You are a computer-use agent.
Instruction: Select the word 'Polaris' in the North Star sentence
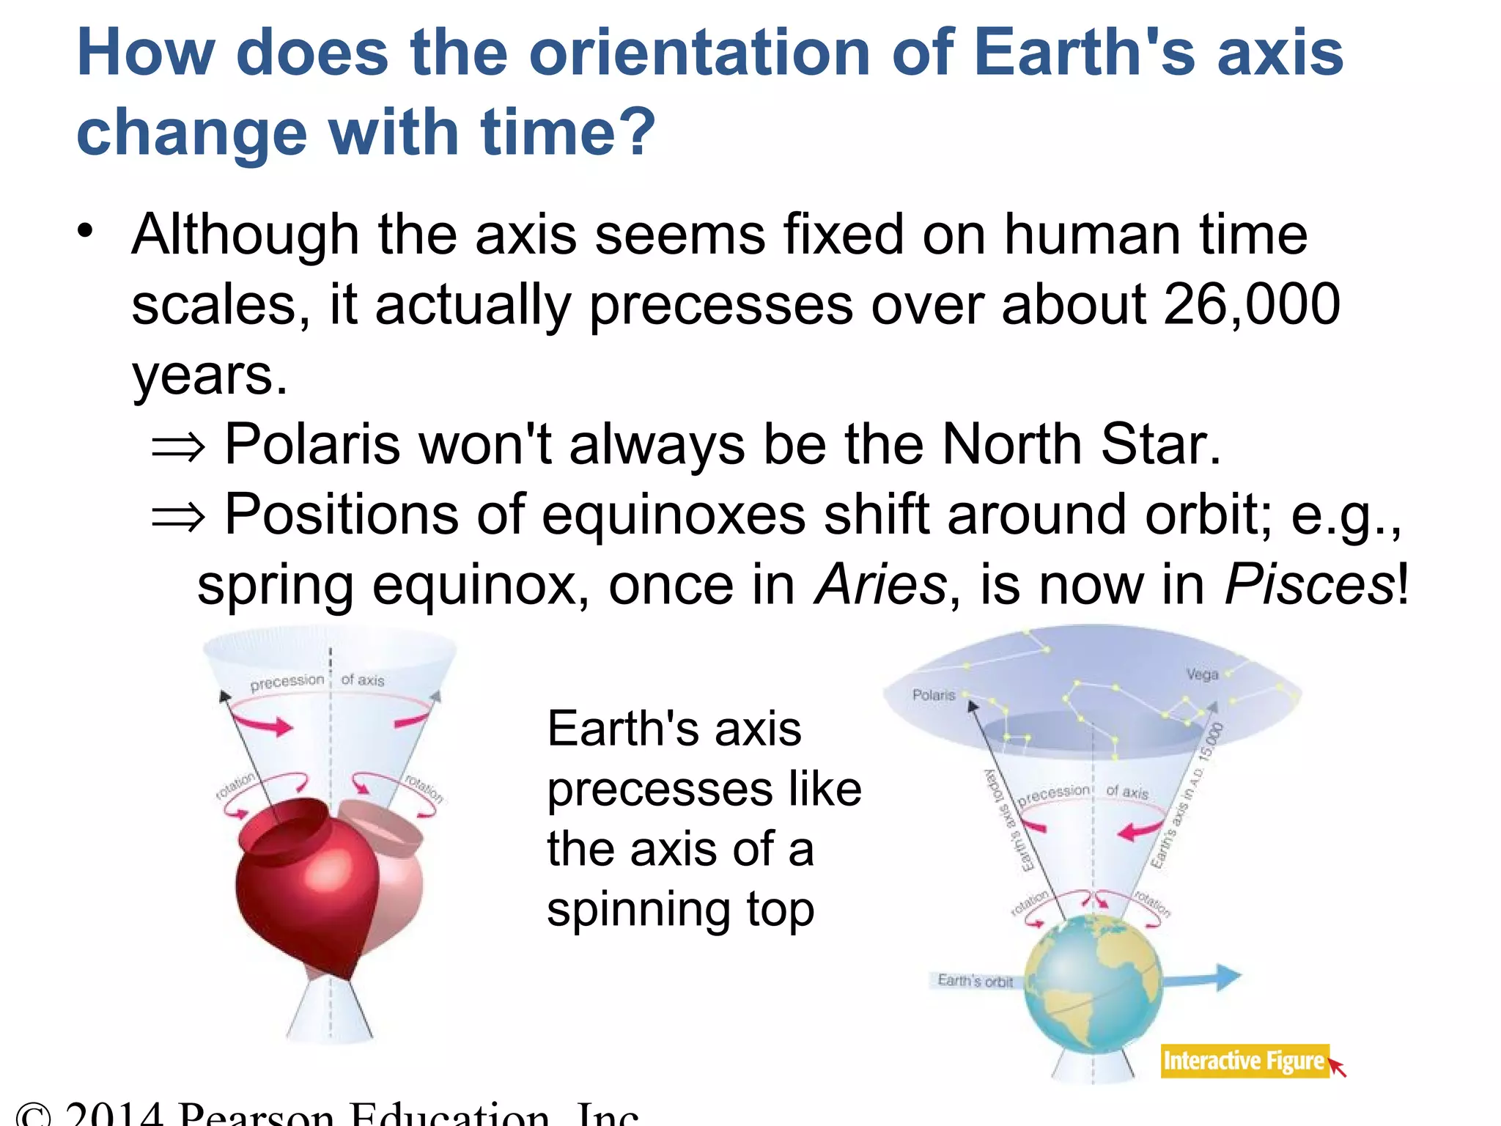point(313,444)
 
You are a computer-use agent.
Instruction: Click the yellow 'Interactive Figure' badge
point(1244,1061)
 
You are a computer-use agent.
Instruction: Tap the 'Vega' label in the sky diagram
point(1202,674)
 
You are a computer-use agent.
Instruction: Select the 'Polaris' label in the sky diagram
point(933,695)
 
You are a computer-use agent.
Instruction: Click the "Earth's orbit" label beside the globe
point(975,981)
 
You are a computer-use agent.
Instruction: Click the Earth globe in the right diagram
point(1092,986)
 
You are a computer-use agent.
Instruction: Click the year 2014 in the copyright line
point(114,1114)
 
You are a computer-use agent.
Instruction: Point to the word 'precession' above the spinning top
point(287,682)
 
